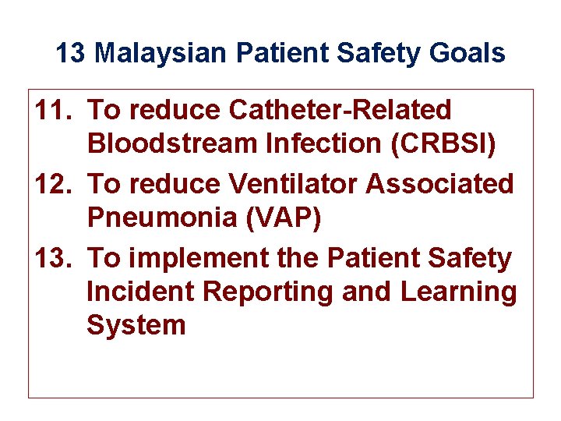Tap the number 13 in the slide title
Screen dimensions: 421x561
(71, 54)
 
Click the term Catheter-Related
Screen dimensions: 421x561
(340, 111)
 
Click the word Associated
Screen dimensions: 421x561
(440, 184)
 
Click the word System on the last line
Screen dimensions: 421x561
(136, 324)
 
